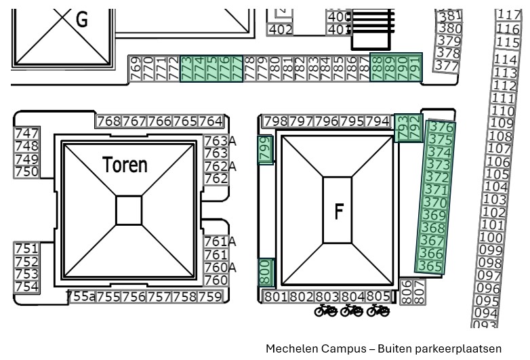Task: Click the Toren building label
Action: tap(125, 165)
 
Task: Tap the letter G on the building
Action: tap(81, 20)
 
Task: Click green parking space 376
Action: tap(441, 128)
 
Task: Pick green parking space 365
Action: tap(430, 266)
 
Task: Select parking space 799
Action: tap(265, 148)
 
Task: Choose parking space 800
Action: tap(265, 272)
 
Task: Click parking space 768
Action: tap(108, 121)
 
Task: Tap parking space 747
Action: tap(26, 134)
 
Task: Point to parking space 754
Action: tap(26, 286)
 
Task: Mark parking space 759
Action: tap(210, 297)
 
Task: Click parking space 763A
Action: tap(220, 141)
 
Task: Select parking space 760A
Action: tap(220, 267)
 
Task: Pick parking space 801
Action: tap(276, 297)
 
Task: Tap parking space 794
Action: tap(378, 121)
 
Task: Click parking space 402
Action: tap(281, 30)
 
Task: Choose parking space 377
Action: tap(446, 66)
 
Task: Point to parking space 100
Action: tap(491, 238)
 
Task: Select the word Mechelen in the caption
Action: tap(291, 348)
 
